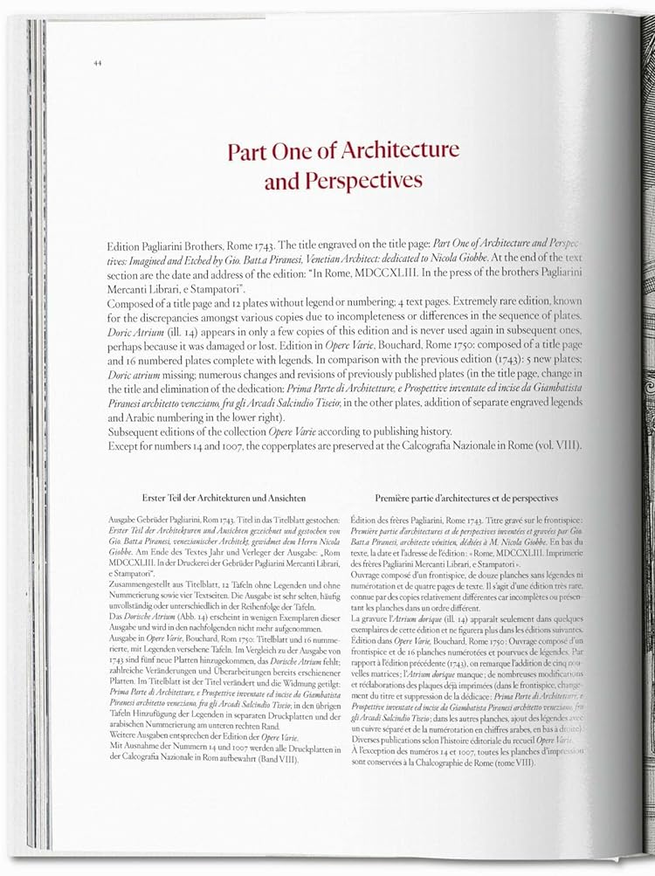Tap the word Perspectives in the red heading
click(x=363, y=181)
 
